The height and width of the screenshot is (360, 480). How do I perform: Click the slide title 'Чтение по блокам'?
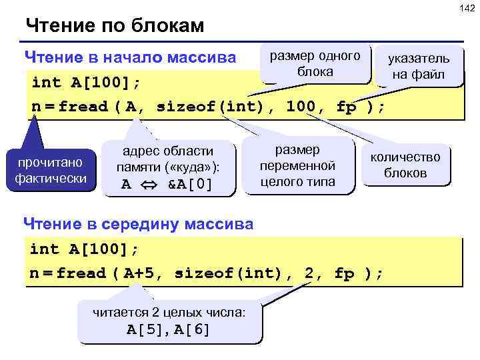(114, 27)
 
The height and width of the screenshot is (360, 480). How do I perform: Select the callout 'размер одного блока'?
(315, 64)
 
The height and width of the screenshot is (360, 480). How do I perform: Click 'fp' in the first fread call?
(347, 107)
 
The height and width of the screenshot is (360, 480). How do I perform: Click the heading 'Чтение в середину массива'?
(138, 223)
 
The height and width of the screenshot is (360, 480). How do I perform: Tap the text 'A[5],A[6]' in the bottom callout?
(169, 329)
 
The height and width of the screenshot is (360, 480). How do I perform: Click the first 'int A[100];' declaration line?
(86, 83)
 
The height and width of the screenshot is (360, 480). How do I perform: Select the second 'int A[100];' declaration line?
(84, 249)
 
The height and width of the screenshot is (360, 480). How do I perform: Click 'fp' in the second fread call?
(344, 273)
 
